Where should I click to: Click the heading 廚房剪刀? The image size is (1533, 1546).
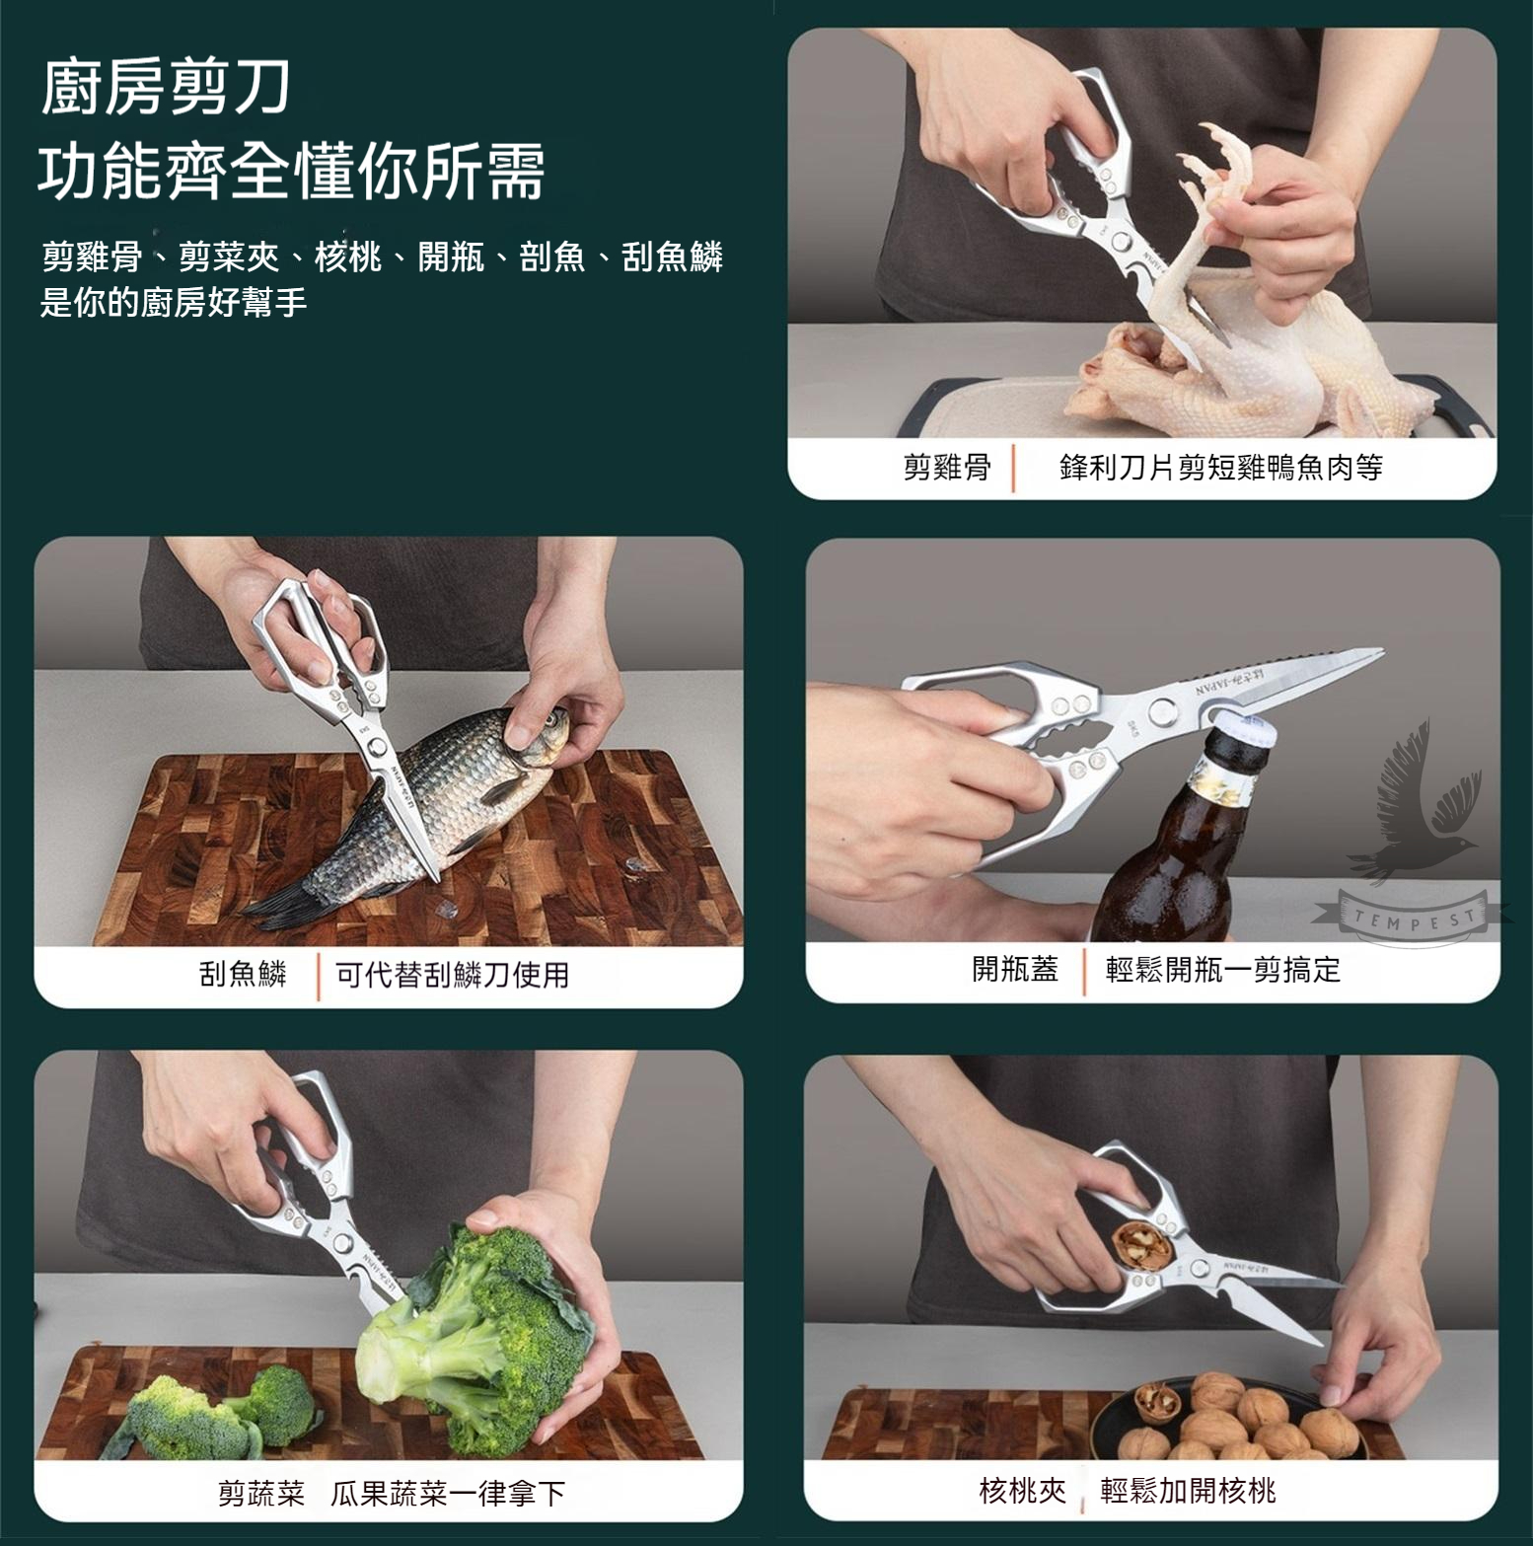point(166,87)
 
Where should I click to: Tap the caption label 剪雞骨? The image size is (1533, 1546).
point(947,467)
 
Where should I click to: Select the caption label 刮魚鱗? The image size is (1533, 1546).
point(243,975)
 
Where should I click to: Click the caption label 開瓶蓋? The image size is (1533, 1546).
point(1015,970)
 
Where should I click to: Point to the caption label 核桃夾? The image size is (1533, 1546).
point(1023,1490)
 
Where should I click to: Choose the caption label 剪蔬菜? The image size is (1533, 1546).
point(261,1494)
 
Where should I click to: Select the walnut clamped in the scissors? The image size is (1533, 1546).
point(1144,1245)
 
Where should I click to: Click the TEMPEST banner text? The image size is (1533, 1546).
point(1414,920)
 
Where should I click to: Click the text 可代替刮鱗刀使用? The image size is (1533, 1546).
point(453,975)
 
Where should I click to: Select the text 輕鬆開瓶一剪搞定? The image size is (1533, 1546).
point(1223,970)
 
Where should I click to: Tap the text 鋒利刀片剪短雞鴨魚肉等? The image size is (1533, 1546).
point(1221,467)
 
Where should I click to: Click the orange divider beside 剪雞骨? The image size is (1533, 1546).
point(1014,468)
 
